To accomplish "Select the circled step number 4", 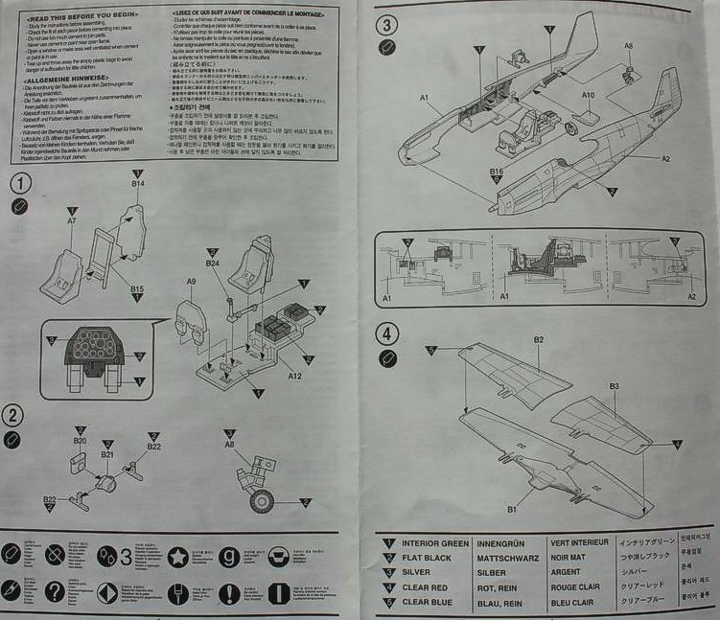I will point(387,334).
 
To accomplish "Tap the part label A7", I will point(71,221).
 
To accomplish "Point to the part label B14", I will point(138,182).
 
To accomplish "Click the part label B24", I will point(213,263).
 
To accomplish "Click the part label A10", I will point(588,95).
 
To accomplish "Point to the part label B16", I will point(497,172).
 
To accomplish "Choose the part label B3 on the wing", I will point(615,386).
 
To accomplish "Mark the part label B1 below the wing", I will point(512,509).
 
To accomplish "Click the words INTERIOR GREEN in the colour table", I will point(435,543).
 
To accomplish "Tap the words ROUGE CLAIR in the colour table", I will point(578,587).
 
